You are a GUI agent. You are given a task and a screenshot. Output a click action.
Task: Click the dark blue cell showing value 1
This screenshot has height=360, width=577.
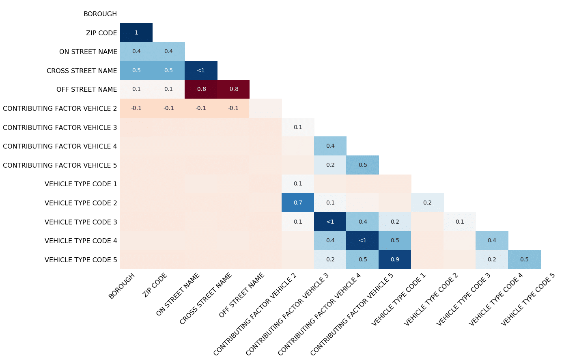pos(136,32)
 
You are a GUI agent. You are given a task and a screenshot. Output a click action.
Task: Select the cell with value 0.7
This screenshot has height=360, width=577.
pos(298,203)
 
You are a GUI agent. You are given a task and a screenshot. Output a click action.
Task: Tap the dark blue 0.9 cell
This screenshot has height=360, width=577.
pos(395,259)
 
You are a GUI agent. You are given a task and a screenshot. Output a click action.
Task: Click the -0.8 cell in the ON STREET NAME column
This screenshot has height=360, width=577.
pos(201,89)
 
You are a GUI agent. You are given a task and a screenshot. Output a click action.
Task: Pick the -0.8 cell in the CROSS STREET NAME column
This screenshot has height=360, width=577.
pos(233,89)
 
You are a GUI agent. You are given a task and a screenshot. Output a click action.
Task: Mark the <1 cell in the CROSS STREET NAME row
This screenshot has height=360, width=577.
pos(201,70)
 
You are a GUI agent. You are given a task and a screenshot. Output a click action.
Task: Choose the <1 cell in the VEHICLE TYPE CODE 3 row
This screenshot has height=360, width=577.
pos(330,222)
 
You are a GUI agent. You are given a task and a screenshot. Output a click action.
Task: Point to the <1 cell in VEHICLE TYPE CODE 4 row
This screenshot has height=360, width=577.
pos(362,240)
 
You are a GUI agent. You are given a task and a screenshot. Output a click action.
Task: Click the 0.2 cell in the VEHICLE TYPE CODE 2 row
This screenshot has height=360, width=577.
pos(427,203)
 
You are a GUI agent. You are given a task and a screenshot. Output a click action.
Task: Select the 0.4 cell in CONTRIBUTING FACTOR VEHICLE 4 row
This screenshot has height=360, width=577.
pos(330,146)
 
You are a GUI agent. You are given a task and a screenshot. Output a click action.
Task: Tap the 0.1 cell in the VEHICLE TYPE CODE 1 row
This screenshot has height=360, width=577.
pos(298,183)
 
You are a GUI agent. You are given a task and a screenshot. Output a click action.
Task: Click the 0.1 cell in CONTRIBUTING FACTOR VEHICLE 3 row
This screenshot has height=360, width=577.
pos(298,127)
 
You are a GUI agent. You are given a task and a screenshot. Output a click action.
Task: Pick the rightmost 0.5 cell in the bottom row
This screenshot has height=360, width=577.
pos(524,259)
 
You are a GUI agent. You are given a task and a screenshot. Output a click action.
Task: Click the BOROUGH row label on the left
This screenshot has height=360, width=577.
pos(100,14)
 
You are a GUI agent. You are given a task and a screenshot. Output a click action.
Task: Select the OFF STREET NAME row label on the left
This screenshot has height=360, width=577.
pos(86,89)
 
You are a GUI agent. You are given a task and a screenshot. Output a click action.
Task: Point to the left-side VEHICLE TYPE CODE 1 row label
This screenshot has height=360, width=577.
pos(81,184)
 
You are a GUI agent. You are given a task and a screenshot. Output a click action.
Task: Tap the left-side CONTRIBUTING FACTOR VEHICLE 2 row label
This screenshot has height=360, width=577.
pos(60,108)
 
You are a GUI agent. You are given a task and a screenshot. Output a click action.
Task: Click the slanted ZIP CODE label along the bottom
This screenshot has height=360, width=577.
pos(155,285)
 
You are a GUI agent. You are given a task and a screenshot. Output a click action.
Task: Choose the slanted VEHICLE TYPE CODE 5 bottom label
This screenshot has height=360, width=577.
pos(527,299)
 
